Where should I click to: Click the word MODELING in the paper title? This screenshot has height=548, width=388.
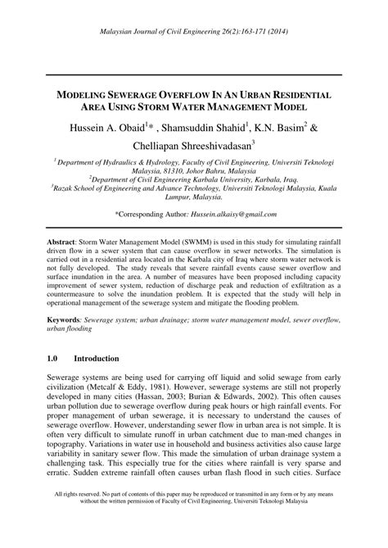[x=88, y=72]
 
